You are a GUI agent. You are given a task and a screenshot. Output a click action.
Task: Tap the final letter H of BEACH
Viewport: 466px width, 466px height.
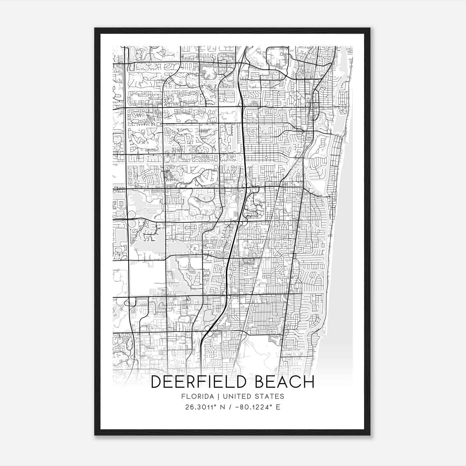pos(309,382)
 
